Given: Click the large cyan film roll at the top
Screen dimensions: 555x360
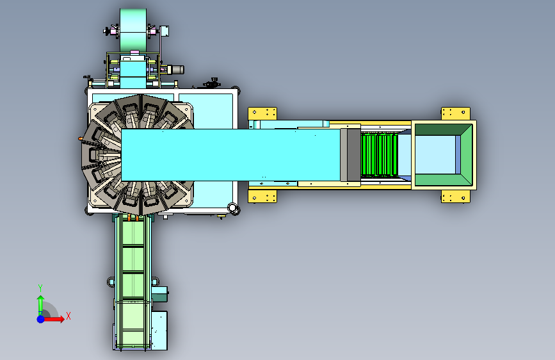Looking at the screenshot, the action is point(133,31).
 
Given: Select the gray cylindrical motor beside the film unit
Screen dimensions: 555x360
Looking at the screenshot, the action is point(175,70).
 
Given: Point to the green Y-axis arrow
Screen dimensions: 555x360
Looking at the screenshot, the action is point(40,306).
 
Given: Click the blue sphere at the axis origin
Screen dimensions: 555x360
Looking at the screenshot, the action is point(41,319).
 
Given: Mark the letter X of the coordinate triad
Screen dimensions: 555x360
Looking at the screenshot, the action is point(68,316).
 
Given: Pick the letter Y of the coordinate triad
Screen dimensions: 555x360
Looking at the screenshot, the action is point(40,288).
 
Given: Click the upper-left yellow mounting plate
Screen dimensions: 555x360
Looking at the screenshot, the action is point(262,114).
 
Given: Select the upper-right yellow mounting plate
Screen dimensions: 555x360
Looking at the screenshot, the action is point(456,114).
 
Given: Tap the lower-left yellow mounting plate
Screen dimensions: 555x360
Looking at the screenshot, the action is point(262,196).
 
